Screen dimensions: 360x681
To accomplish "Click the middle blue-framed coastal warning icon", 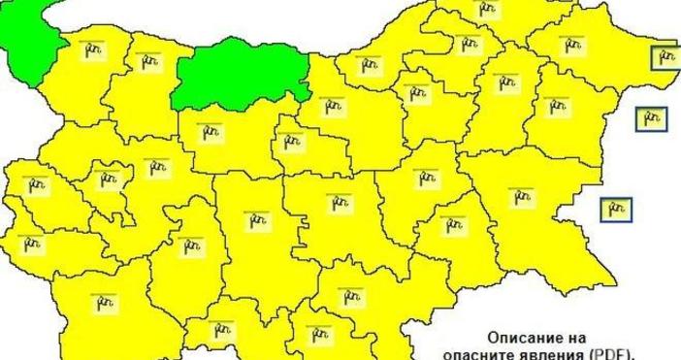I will [x=650, y=119].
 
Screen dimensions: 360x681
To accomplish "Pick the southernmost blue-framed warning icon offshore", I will [x=615, y=208].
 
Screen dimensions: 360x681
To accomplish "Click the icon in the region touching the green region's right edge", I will [x=370, y=65].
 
